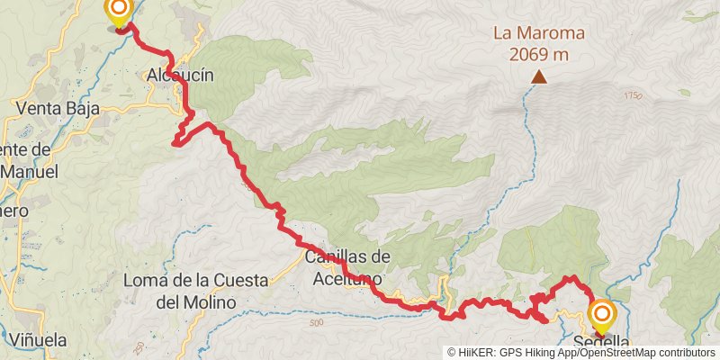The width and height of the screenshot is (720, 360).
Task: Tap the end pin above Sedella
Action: click(601, 316)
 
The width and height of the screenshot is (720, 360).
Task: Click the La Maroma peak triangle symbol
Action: click(538, 77)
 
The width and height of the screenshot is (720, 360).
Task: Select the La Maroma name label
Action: click(538, 34)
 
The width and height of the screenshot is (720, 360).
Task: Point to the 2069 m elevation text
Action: click(538, 54)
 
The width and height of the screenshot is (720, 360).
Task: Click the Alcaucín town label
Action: click(180, 76)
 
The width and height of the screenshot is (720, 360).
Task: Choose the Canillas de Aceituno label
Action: click(347, 257)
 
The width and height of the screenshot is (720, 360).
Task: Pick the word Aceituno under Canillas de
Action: click(347, 279)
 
